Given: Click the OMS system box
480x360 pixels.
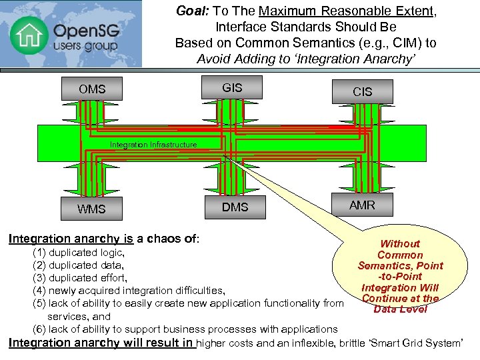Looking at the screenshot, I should click(x=92, y=89).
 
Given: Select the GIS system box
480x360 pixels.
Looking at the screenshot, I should click(x=232, y=88).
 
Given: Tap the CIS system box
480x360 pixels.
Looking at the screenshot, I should click(x=362, y=91).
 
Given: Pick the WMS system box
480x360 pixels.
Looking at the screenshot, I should click(x=91, y=209).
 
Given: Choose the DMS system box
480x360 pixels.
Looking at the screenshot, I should click(x=235, y=207).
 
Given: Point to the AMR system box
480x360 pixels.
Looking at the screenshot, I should click(x=362, y=205).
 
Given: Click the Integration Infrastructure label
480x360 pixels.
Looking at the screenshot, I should click(x=153, y=145).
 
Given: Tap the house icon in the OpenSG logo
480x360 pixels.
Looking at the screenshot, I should click(x=29, y=35).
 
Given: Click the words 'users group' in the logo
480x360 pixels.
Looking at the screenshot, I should click(x=85, y=47).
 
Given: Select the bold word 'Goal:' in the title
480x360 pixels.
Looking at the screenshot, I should click(x=191, y=11).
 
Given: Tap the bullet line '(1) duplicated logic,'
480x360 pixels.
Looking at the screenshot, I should click(x=79, y=253).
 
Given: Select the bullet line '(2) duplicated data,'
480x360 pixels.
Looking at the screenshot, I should click(x=78, y=265).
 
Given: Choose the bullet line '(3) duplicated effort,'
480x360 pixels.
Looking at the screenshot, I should click(x=80, y=278).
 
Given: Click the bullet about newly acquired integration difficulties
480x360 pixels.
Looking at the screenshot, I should click(x=129, y=291).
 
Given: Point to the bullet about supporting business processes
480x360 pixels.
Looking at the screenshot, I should click(x=185, y=329).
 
